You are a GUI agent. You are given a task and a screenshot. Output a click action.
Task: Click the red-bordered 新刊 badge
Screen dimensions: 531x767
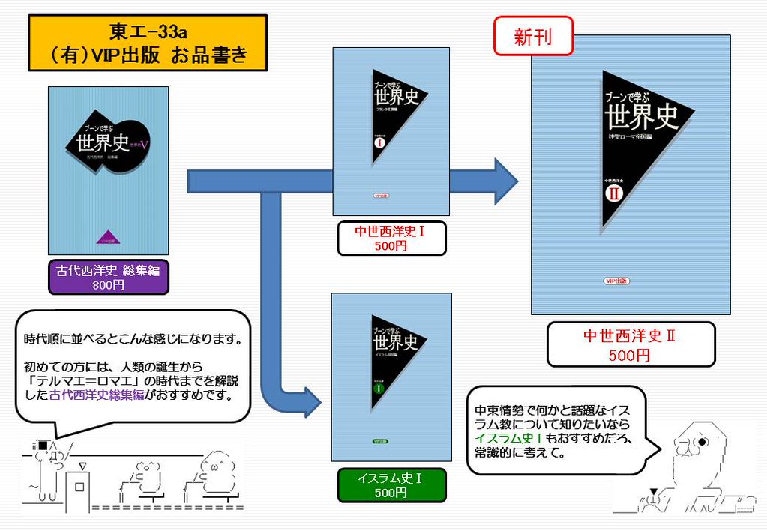tap(533, 36)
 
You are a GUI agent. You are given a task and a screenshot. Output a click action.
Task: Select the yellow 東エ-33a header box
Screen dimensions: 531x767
tap(148, 43)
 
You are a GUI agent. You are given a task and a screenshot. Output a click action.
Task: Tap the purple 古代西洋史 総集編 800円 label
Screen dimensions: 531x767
tap(109, 277)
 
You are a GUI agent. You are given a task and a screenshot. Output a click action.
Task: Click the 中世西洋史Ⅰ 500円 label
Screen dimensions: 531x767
tap(390, 238)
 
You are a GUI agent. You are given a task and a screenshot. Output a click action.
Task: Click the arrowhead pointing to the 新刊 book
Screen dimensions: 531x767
tap(506, 181)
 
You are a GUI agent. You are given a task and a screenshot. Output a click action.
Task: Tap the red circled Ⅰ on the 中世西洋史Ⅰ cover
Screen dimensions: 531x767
tap(379, 142)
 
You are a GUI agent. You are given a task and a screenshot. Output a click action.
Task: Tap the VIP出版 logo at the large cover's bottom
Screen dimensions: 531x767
tap(616, 280)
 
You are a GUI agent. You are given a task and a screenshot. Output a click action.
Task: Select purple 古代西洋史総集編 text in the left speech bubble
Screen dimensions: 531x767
tap(97, 394)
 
